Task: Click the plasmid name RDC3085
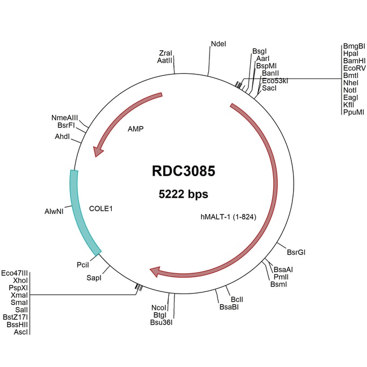183,171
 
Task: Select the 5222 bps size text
183,195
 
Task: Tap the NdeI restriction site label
218,43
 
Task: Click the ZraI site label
165,54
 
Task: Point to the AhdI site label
63,137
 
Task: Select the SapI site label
93,278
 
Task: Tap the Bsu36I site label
161,322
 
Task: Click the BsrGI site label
296,252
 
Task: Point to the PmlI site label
281,277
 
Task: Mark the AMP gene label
136,129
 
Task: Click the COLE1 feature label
102,208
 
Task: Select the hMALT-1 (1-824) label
225,216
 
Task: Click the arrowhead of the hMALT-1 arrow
155,273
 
